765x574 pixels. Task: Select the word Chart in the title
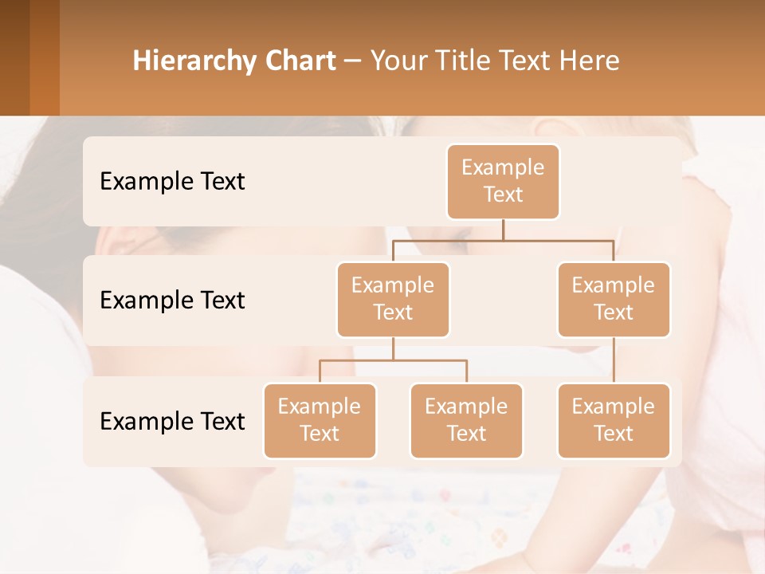(x=302, y=61)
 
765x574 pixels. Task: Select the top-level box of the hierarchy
(x=503, y=181)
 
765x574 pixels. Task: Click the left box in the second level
(x=393, y=299)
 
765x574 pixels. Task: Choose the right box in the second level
(x=614, y=299)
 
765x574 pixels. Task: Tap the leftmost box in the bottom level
(x=320, y=420)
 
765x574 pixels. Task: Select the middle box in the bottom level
(x=466, y=420)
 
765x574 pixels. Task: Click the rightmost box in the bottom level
(x=614, y=420)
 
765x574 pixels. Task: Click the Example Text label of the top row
(x=172, y=181)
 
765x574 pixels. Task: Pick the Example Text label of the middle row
(x=172, y=300)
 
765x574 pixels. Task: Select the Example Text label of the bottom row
(x=172, y=421)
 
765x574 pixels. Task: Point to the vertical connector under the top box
(x=503, y=230)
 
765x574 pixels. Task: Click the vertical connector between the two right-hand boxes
(x=614, y=360)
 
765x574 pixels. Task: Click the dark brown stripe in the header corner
(x=14, y=57)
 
